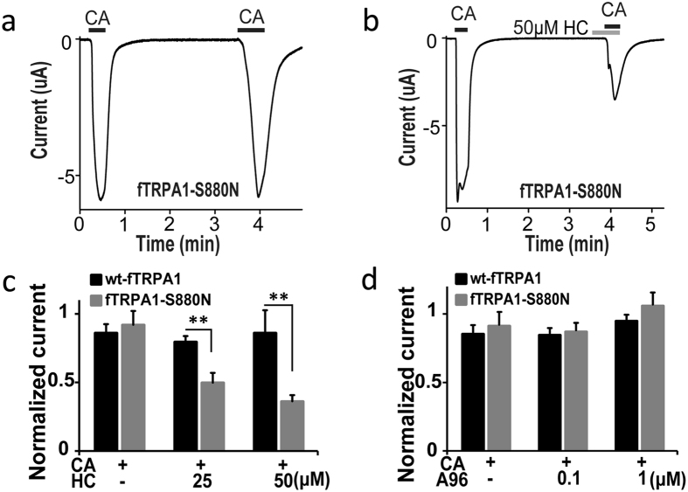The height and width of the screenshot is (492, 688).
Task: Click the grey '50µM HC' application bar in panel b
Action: pyautogui.click(x=606, y=33)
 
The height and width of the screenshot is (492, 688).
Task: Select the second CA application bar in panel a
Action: pyautogui.click(x=251, y=30)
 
